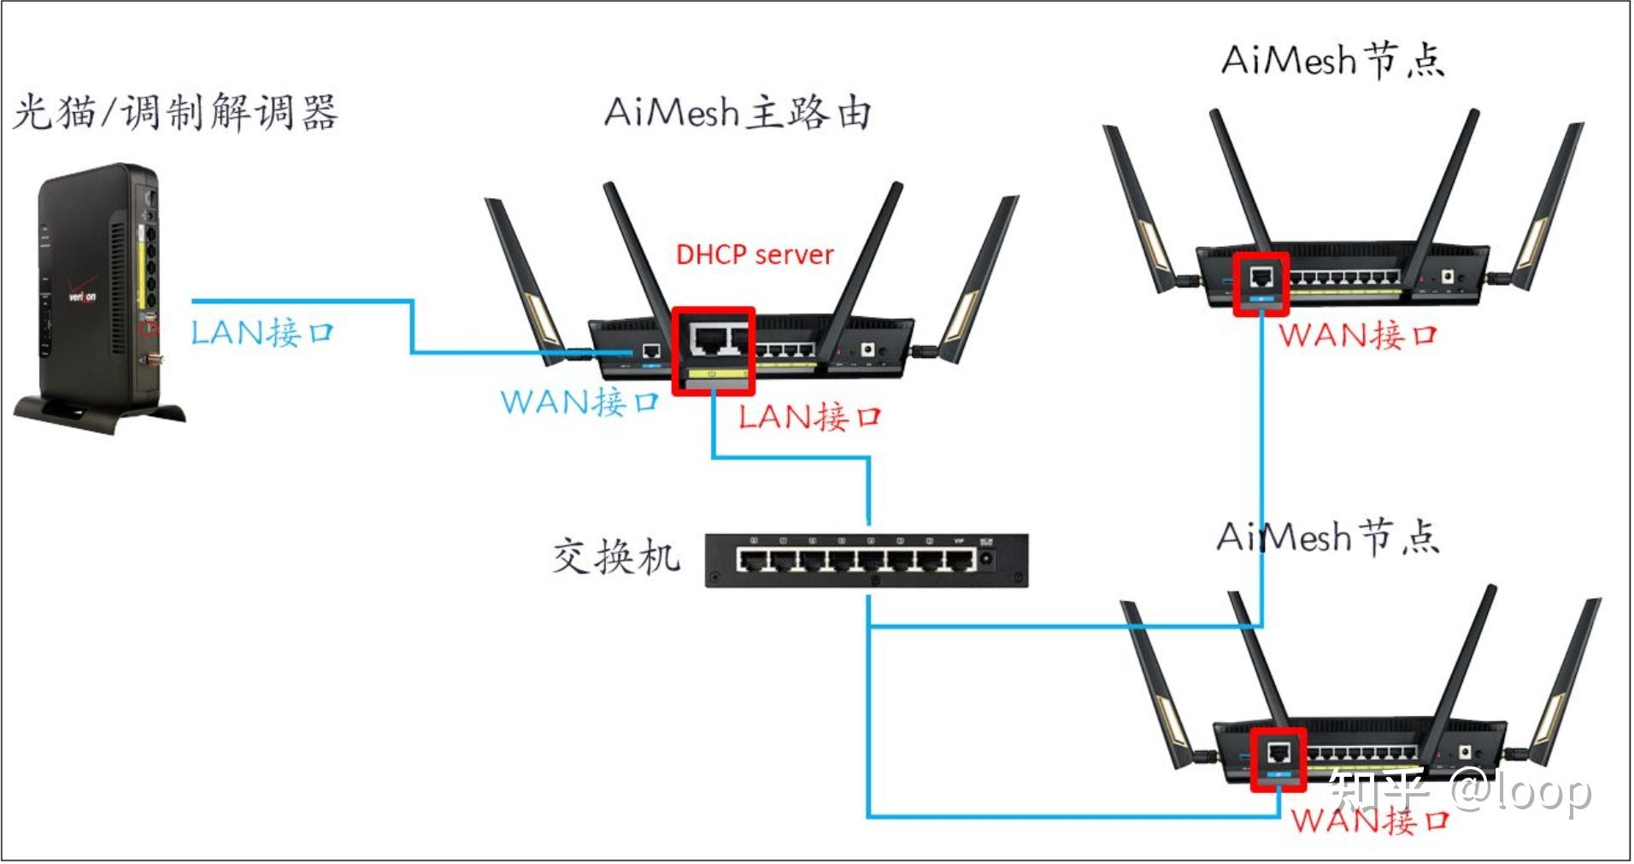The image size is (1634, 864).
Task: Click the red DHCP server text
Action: pyautogui.click(x=754, y=254)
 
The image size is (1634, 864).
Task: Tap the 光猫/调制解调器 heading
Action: pyautogui.click(x=175, y=112)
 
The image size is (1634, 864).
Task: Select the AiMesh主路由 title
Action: pyautogui.click(x=738, y=112)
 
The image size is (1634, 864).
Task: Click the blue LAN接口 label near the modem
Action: pyautogui.click(x=262, y=332)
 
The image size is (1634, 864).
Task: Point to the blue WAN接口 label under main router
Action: pyautogui.click(x=580, y=401)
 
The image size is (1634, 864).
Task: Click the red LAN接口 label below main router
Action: pyautogui.click(x=808, y=417)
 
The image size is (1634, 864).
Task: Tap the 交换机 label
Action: pyautogui.click(x=615, y=557)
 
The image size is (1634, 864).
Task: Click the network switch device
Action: pyautogui.click(x=866, y=560)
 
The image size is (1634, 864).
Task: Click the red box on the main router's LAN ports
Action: pyautogui.click(x=713, y=350)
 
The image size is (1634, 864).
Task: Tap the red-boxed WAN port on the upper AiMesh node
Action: pyautogui.click(x=1261, y=283)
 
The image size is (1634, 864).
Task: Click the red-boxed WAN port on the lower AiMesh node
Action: pyautogui.click(x=1278, y=759)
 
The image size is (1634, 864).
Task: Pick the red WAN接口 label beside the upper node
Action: pyautogui.click(x=1358, y=334)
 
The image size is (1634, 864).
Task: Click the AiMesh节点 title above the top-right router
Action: pyautogui.click(x=1332, y=61)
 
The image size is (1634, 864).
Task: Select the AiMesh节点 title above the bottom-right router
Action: pyautogui.click(x=1327, y=537)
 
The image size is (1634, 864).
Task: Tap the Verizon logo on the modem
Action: pyautogui.click(x=82, y=297)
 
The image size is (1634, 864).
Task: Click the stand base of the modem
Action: pyautogui.click(x=98, y=414)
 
